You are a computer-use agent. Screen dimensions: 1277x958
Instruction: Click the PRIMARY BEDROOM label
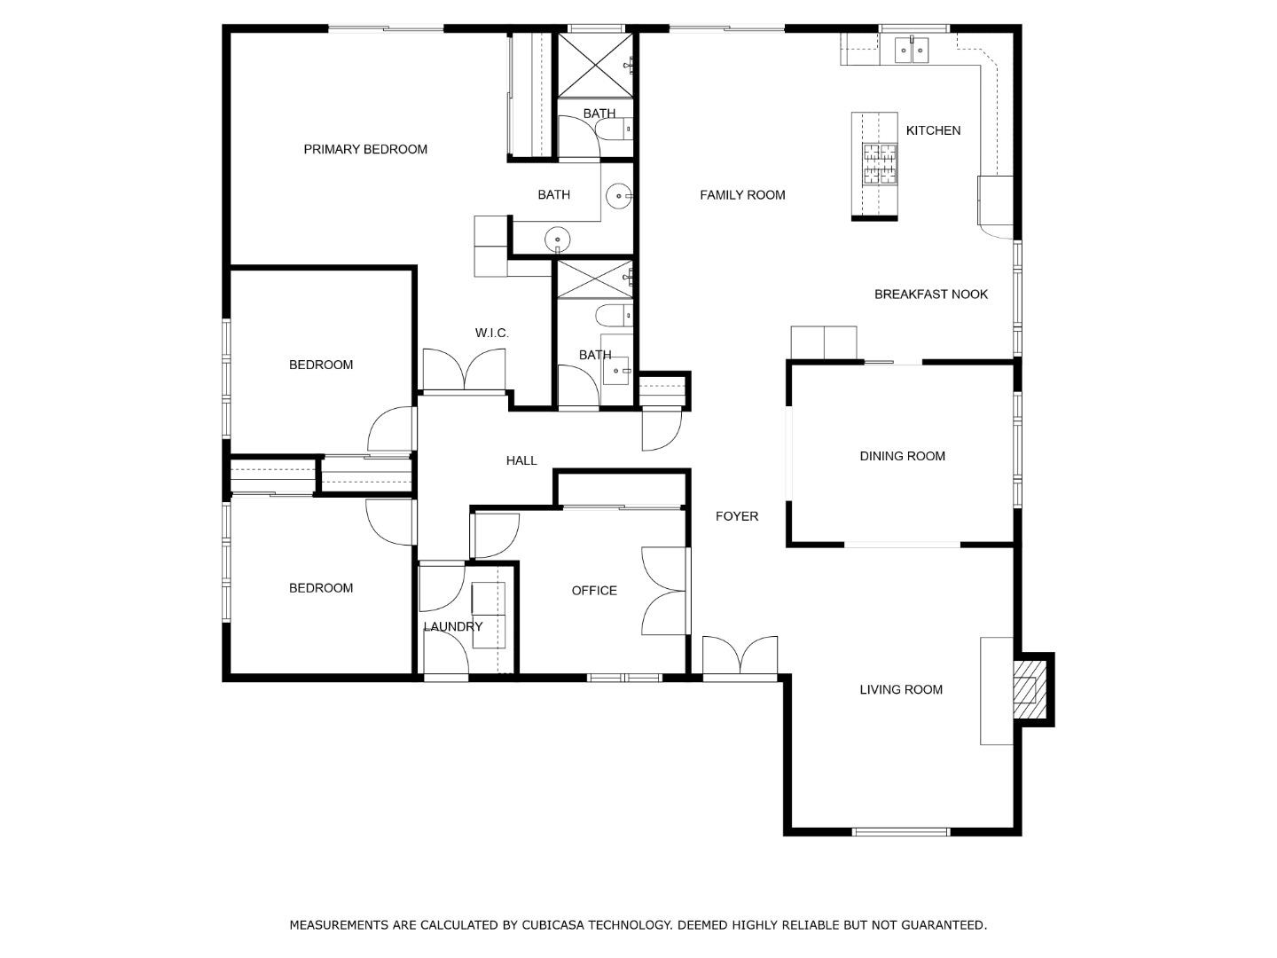tap(365, 150)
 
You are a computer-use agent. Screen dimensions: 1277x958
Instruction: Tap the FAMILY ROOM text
tap(742, 195)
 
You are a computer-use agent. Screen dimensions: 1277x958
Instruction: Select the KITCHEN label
tap(933, 130)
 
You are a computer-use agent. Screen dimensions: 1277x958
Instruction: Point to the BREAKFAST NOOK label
tap(931, 294)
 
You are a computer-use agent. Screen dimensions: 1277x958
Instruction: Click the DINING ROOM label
tap(903, 456)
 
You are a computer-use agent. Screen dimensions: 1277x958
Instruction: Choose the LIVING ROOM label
tap(901, 689)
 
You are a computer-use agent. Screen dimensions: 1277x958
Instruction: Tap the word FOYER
tap(737, 516)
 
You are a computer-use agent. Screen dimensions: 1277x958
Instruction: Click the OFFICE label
tap(594, 591)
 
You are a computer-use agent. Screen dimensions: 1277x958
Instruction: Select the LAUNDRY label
tap(452, 626)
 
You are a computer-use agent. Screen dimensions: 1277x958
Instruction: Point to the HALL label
tap(521, 460)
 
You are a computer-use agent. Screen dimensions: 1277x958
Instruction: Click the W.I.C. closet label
tap(491, 333)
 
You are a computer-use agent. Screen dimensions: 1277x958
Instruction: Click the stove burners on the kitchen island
tap(880, 164)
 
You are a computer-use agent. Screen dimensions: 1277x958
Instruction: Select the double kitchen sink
tap(912, 50)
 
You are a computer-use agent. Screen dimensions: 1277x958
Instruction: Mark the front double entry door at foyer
tap(740, 656)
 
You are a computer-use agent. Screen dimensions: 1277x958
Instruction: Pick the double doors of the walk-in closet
tap(464, 369)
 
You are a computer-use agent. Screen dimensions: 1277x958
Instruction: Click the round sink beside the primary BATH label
tap(618, 196)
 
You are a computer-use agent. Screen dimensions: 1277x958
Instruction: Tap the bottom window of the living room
tap(901, 832)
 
